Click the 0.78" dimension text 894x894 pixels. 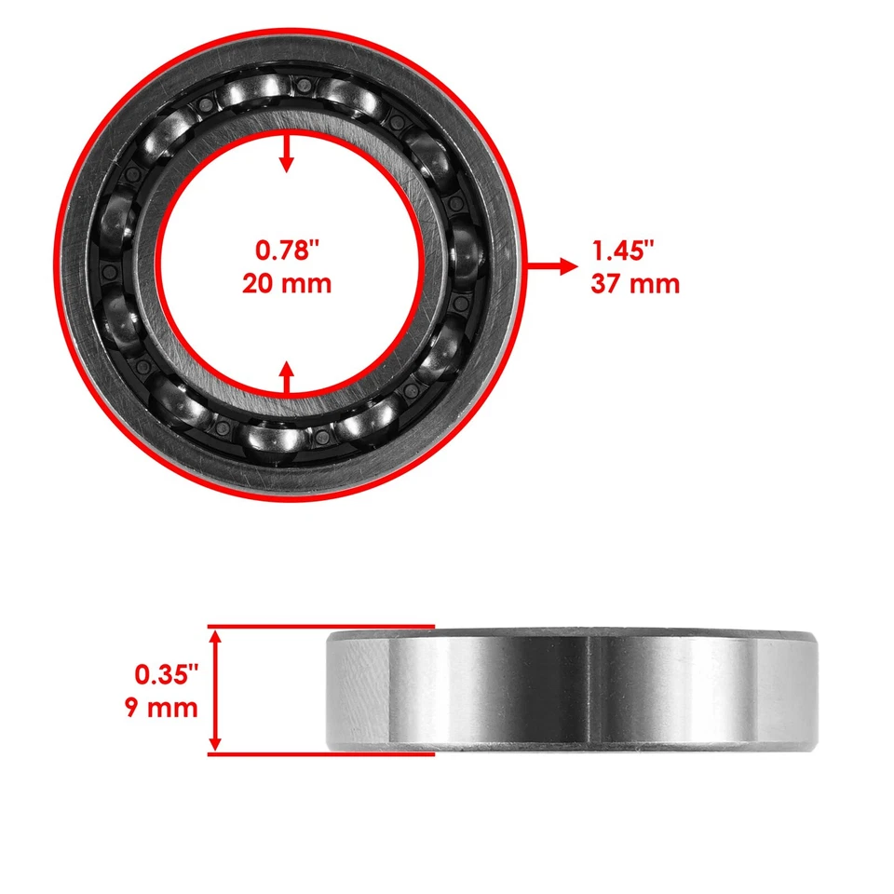[x=287, y=251]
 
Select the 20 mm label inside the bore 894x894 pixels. [x=287, y=283]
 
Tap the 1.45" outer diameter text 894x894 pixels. [x=623, y=251]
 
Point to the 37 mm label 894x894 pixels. [x=634, y=283]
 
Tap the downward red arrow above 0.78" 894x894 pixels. [x=287, y=155]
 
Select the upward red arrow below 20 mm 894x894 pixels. [x=287, y=377]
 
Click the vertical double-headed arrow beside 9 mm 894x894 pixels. [x=216, y=689]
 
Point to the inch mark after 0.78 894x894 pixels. [x=314, y=245]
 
